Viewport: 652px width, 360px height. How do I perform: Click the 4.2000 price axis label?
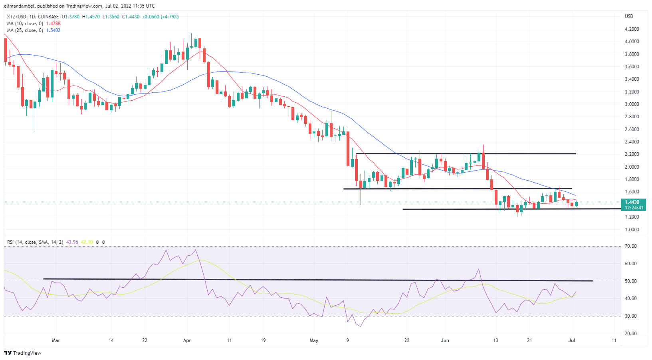click(632, 29)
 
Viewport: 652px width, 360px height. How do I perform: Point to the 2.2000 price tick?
click(632, 154)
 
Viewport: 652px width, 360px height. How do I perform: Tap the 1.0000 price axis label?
click(632, 230)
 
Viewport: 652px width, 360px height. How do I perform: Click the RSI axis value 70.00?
click(631, 246)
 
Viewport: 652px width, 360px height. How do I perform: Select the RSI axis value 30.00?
click(631, 316)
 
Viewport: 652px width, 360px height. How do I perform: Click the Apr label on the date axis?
click(187, 340)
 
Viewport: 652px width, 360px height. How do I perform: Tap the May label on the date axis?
click(314, 340)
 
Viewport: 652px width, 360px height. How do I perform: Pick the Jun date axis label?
click(445, 340)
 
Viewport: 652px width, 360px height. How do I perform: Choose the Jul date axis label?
click(572, 340)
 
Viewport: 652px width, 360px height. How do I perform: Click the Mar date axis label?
click(56, 340)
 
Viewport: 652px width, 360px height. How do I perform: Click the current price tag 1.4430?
click(632, 202)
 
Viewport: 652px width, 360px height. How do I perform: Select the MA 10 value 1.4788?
click(53, 24)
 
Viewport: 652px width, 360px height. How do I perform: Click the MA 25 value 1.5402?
click(53, 30)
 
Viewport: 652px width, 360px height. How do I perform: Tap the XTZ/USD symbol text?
click(16, 17)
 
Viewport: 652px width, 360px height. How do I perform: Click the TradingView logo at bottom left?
click(23, 353)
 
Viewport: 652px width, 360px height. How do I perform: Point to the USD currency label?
click(629, 16)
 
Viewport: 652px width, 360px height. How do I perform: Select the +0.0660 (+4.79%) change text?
click(160, 17)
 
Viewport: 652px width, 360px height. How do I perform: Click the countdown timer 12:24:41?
click(634, 208)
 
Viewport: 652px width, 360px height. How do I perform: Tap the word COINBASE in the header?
click(48, 17)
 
